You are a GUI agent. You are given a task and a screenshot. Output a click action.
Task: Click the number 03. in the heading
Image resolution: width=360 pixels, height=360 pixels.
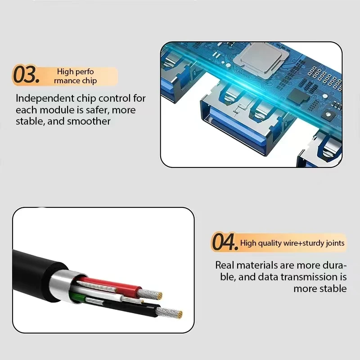26,74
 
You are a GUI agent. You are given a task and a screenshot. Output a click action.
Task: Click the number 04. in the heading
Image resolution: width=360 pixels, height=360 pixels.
225,242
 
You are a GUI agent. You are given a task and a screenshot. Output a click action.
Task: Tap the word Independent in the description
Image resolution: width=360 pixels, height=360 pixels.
45,99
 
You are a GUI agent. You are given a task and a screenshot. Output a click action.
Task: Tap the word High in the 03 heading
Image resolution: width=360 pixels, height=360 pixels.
65,72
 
